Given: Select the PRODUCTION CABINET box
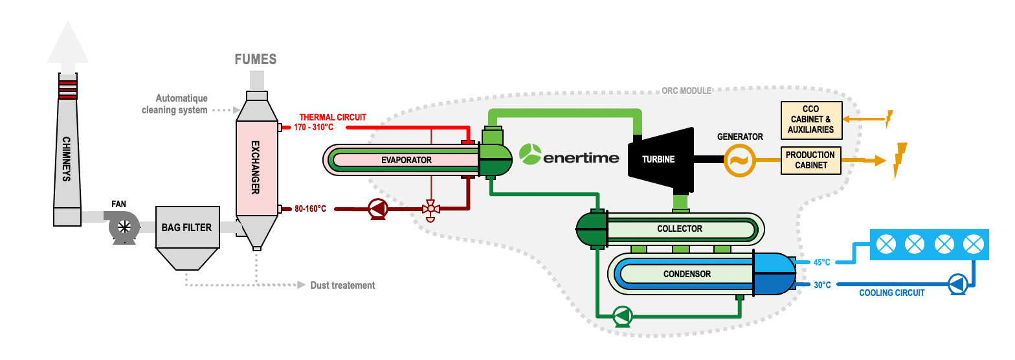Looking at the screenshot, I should pos(810,161).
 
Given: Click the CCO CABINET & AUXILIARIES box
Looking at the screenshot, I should pos(811,120).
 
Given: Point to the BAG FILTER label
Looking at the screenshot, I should pos(187,227).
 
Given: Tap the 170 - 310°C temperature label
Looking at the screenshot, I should pos(313,128).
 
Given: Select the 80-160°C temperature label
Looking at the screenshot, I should pos(311,208).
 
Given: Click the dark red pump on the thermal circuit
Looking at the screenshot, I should pos(377,208).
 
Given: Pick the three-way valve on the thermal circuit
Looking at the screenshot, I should pos(430,209).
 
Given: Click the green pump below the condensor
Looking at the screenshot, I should pos(623,315).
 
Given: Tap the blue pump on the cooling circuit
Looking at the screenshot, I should pos(957,284).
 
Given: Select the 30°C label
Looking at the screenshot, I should pos(822,284).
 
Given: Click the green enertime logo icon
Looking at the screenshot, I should pos(530,154).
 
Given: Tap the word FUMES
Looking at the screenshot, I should pos(255,60).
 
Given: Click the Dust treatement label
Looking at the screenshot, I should pos(342,285).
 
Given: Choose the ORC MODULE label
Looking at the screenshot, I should pos(687,91).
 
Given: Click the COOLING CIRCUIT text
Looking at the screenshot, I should pos(891,293).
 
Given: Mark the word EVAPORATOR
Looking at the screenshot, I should pos(406,160).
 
